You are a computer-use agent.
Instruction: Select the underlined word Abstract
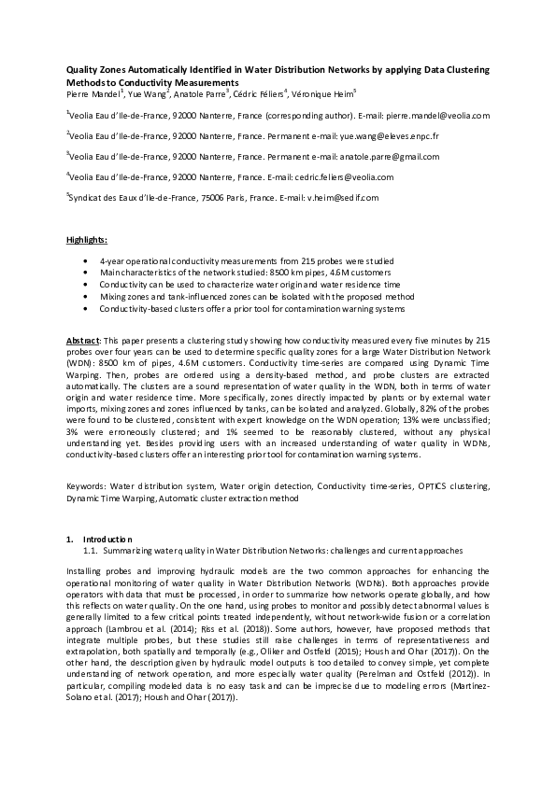click(85, 342)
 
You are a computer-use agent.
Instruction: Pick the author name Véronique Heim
click(313, 93)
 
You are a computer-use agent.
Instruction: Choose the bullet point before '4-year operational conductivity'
click(87, 260)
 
